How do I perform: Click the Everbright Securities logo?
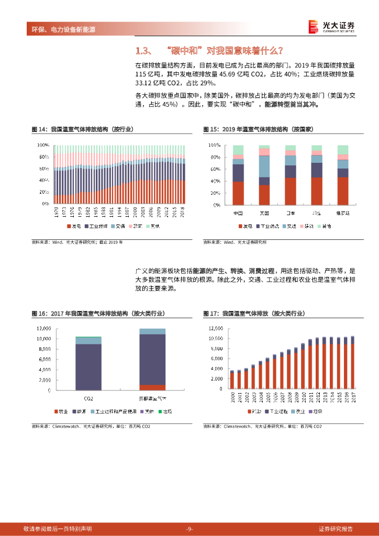[331, 26]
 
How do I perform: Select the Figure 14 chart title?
[82, 129]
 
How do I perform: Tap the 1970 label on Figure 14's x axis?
[56, 212]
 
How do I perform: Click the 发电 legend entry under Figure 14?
[73, 226]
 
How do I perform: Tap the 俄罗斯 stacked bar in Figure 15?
[343, 175]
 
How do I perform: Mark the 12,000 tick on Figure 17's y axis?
[215, 328]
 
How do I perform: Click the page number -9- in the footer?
[189, 529]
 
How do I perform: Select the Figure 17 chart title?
[254, 313]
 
